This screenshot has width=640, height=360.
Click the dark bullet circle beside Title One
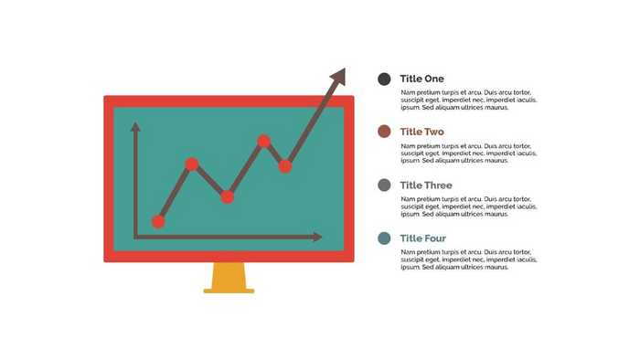(x=384, y=79)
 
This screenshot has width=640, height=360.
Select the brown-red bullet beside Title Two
(x=384, y=132)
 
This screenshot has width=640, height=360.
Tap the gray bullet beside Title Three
(x=384, y=185)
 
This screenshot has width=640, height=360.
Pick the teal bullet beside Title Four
(x=384, y=238)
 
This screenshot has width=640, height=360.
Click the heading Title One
(x=421, y=79)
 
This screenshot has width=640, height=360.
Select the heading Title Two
(x=421, y=132)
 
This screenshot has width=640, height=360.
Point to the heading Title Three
(x=426, y=185)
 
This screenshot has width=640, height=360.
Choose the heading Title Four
(x=423, y=238)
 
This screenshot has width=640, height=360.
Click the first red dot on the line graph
(x=158, y=221)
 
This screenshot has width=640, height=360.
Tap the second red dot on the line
(x=192, y=164)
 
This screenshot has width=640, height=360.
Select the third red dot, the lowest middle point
(x=228, y=196)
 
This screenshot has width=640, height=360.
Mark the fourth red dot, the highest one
(x=264, y=141)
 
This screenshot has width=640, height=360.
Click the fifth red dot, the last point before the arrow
(x=285, y=166)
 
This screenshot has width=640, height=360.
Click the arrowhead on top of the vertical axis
(x=135, y=127)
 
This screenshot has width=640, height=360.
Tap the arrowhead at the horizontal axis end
(x=316, y=238)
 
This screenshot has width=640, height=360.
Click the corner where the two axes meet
(x=135, y=238)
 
